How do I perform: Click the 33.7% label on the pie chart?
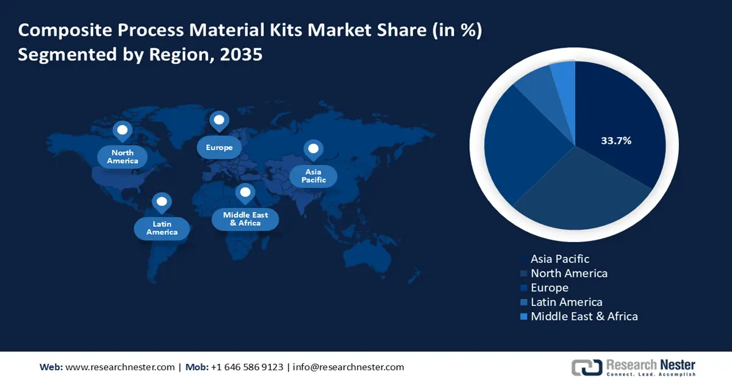point(616,141)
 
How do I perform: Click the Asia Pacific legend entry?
point(559,259)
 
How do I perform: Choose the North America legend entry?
point(569,273)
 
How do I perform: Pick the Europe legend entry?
point(549,288)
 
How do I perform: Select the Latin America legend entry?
point(566,302)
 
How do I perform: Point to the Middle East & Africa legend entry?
point(584,317)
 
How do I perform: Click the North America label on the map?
point(123,157)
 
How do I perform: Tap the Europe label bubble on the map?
point(219,148)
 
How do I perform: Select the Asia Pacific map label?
point(314,176)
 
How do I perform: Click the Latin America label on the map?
point(162,228)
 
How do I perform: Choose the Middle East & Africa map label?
point(245,219)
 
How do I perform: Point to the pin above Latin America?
point(162,202)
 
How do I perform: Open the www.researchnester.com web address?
point(120,367)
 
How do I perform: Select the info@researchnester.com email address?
point(348,367)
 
